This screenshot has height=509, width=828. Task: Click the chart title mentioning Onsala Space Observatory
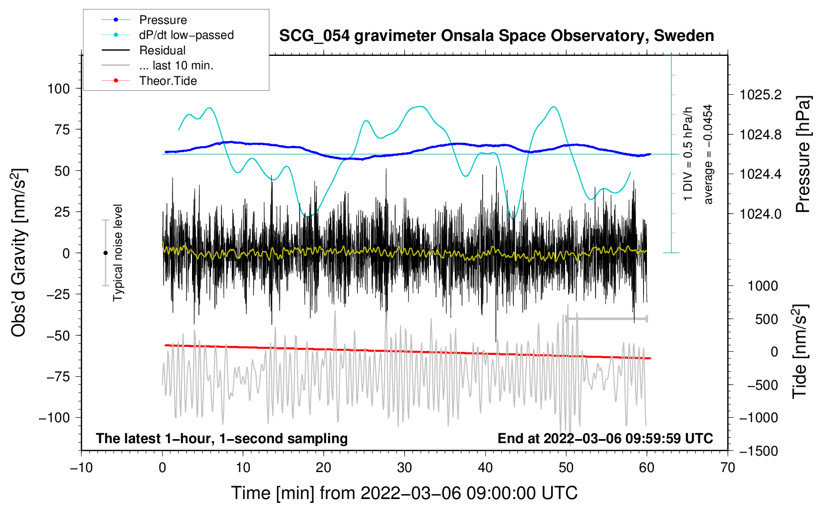coord(496,36)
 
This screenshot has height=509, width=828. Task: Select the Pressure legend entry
coord(163,20)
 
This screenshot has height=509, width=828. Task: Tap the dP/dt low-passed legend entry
coord(186,35)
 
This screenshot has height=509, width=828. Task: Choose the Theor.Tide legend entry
coord(168,81)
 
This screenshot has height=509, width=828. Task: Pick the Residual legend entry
coord(162,50)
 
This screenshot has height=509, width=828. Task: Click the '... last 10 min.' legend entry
coord(176,65)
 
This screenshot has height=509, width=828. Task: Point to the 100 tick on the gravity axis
coord(58,89)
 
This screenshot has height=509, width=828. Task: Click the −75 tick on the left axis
coord(58,377)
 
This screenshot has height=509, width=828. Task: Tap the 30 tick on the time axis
coord(405,468)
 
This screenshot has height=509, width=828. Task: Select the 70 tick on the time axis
coord(728,468)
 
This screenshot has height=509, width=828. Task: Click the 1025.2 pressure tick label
coord(761,95)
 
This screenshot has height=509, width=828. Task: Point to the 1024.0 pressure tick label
coord(761,214)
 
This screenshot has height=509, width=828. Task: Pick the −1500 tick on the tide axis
coord(758,451)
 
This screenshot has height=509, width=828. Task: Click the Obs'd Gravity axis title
coord(19,253)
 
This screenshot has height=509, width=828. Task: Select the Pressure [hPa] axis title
coord(803,155)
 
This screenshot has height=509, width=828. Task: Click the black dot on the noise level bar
coord(105,253)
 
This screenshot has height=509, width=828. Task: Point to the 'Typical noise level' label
coord(118,253)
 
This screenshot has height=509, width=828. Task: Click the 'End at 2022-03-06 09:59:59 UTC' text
coord(605,438)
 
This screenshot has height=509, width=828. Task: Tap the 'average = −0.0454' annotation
coord(708,154)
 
